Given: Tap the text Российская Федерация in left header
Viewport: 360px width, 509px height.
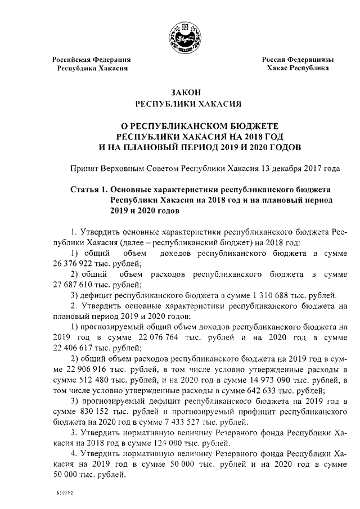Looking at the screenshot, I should [92, 60].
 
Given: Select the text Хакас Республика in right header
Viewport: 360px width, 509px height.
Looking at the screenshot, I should [298, 68].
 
